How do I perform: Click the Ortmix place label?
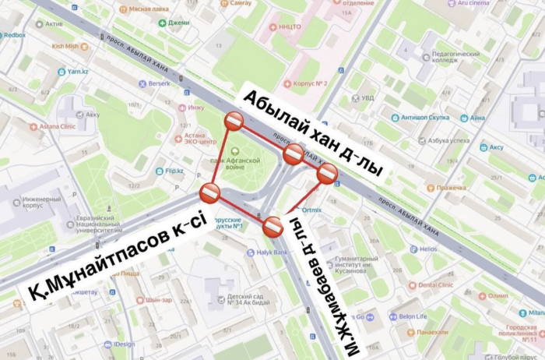(312, 210)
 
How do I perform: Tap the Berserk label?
(159, 83)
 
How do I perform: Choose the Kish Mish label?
(69, 46)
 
